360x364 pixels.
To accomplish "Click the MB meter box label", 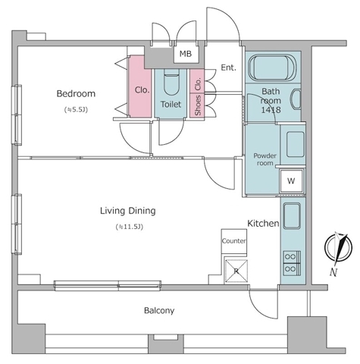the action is (x=186, y=54).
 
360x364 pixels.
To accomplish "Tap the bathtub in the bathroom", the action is (x=272, y=67).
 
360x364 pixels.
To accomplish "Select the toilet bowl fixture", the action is (x=171, y=82).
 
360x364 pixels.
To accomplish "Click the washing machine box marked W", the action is (x=291, y=181).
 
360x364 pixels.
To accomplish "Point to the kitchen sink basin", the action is (x=292, y=216).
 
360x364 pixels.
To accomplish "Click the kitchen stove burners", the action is (x=292, y=263).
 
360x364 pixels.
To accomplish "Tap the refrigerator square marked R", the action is (x=236, y=271).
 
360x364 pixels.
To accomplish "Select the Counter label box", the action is (x=234, y=241).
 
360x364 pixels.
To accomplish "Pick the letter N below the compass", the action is (x=333, y=272).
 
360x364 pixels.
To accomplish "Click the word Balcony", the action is (x=159, y=310).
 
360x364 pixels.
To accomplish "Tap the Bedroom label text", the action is (x=76, y=94).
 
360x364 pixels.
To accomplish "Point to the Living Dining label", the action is (x=128, y=211).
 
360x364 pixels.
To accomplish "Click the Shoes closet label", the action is (x=198, y=105).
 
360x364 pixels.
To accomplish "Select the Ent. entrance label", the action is (x=228, y=67).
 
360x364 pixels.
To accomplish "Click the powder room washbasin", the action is (x=296, y=144).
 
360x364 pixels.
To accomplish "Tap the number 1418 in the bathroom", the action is (x=271, y=110).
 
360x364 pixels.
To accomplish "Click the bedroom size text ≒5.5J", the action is (x=76, y=110).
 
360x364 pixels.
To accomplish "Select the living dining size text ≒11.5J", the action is (x=130, y=227).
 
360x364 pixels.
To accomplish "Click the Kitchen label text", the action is (x=263, y=224).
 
